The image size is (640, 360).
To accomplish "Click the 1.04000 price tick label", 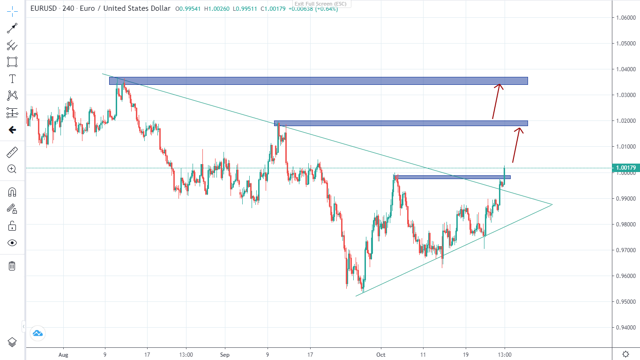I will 625,69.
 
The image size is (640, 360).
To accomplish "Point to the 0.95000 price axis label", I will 625,301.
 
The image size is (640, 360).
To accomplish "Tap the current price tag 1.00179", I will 625,168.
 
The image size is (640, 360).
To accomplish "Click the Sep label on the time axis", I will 224,355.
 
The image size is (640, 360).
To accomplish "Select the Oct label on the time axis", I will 381,355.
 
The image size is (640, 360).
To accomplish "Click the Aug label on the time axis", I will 63,355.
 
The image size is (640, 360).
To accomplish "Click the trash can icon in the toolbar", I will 12,266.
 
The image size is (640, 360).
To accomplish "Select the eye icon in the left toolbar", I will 12,243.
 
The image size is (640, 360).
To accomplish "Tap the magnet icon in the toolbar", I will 12,192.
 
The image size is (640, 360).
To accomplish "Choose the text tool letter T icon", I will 12,79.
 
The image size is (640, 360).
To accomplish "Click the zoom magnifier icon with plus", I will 12,169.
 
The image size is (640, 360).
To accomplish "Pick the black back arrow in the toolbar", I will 12,130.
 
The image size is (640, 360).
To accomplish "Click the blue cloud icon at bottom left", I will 37,333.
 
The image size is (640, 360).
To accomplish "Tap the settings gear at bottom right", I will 625,354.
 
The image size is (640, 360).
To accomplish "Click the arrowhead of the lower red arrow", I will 520,129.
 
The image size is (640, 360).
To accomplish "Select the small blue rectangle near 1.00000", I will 453,177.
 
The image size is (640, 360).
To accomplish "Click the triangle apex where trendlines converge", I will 552,204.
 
